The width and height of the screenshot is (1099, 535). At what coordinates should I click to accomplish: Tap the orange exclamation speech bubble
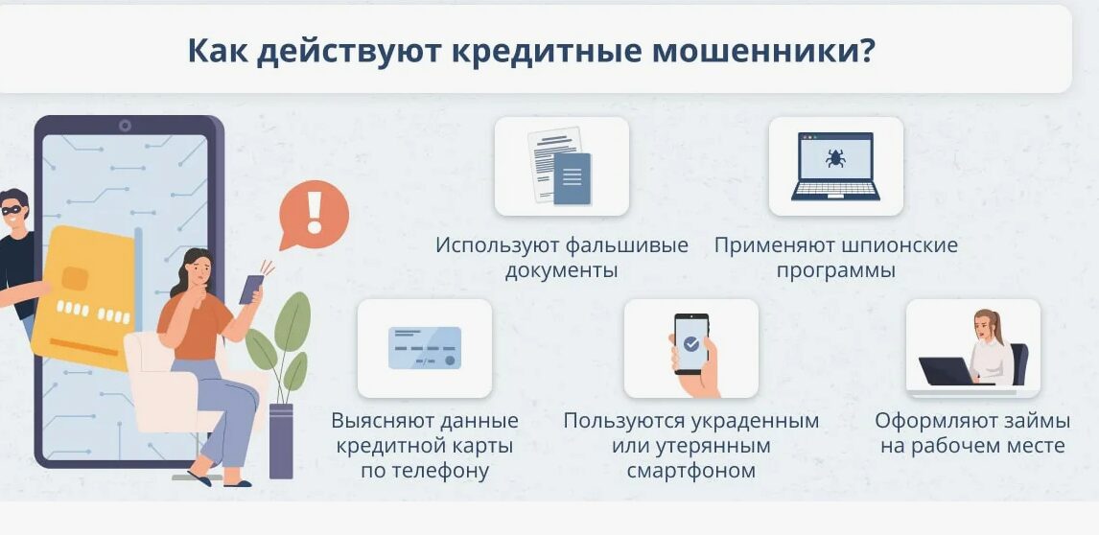[x=314, y=215]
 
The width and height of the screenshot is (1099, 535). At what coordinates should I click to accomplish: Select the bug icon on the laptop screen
[x=834, y=157]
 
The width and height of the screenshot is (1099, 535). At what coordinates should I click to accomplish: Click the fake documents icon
[x=559, y=166]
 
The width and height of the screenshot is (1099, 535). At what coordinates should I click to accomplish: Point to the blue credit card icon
[x=425, y=348]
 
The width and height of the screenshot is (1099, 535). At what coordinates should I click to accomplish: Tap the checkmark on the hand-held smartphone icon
[x=691, y=343]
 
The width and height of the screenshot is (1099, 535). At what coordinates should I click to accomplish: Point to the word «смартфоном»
[x=691, y=470]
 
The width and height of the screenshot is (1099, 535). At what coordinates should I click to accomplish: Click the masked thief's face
[x=12, y=211]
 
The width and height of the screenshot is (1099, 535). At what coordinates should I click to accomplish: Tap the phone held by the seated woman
[x=251, y=289]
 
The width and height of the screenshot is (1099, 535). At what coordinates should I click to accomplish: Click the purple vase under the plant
[x=281, y=441]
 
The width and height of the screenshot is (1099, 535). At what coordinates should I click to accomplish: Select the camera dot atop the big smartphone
[x=125, y=126]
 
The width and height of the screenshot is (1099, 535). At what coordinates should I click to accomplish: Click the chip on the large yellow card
[x=74, y=278]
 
